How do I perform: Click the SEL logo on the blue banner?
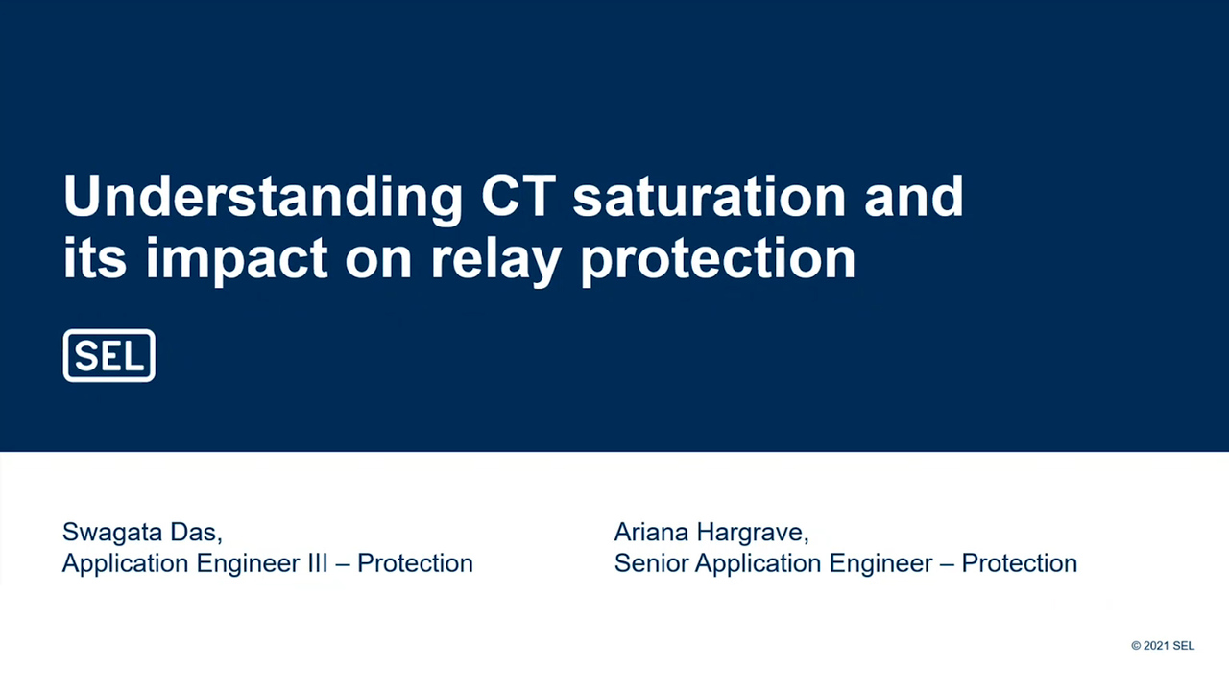(108, 356)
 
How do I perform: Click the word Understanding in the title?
(262, 198)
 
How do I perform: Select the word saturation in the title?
(709, 196)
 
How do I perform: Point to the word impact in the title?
(236, 258)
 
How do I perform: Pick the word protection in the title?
(717, 258)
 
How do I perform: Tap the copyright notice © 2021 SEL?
(1162, 646)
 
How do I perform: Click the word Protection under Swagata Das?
(415, 562)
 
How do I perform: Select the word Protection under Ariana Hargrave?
(1019, 562)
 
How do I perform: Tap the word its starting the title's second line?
(95, 258)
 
